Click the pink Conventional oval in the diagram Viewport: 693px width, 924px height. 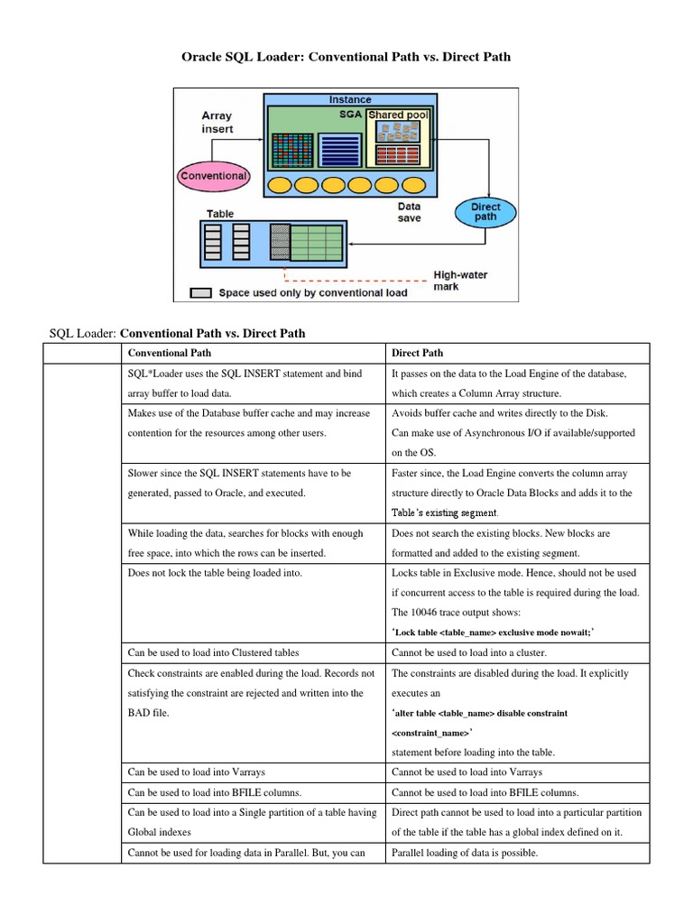pos(214,176)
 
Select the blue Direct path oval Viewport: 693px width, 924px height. pos(485,212)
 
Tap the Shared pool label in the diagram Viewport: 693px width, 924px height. pos(398,115)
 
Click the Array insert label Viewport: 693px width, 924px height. pos(217,122)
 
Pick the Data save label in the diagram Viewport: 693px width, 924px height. pos(409,212)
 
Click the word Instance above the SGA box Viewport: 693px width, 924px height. pos(350,99)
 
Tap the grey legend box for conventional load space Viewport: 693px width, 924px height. pos(201,292)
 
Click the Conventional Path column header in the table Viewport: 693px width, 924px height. pos(171,353)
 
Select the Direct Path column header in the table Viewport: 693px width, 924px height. pos(418,353)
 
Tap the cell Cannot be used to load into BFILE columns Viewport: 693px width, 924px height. pos(485,792)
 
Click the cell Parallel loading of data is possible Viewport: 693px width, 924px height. pos(465,852)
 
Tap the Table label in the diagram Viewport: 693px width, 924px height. pos(220,214)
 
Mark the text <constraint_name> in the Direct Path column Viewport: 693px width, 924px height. pos(431,733)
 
